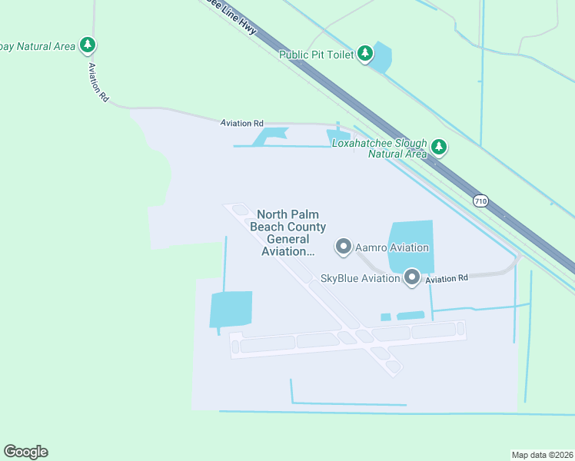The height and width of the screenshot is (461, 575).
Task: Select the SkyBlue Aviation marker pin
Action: pos(412,277)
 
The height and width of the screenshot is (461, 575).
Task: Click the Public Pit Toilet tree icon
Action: pos(366,54)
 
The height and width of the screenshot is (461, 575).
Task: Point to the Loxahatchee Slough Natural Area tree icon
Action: pos(438,146)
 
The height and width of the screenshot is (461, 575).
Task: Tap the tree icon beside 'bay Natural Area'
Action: pos(88,45)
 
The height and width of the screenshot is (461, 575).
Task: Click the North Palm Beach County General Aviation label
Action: pos(287,233)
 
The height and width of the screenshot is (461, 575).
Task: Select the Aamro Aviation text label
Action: pos(391,247)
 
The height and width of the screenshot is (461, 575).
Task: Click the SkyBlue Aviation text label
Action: pos(360,278)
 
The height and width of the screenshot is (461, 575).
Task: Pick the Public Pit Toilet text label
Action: pos(316,55)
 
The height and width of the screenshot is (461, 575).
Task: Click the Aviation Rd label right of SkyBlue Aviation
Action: pos(447,279)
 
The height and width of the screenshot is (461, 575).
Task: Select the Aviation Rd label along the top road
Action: pos(241,123)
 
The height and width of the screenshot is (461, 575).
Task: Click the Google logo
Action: pos(25,452)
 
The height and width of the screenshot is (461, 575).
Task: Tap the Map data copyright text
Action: pos(543,455)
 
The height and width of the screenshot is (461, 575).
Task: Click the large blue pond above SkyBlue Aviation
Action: pos(410,244)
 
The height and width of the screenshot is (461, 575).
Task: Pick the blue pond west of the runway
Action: pos(231,309)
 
